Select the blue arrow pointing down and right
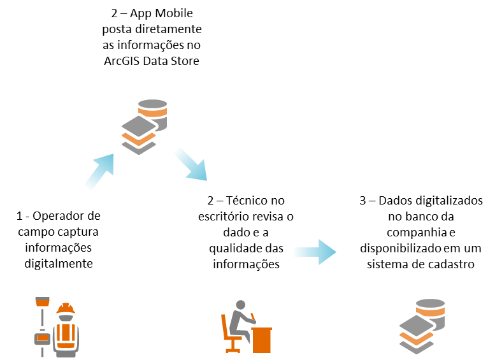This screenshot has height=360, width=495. click(190, 164)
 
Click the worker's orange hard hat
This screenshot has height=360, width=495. click(66, 309)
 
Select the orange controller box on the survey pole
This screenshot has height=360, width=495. click(42, 338)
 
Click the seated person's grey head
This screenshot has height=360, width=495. click(240, 305)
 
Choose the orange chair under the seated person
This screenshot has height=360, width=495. click(227, 335)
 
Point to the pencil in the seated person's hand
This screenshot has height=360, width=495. click(252, 316)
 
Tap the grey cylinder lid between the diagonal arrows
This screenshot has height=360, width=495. click(153, 103)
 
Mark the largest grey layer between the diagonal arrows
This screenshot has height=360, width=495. click(139, 126)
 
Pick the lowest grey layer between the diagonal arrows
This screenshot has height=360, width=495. click(139, 149)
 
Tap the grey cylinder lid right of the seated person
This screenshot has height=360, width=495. click(431, 303)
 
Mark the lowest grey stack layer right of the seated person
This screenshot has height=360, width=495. click(417, 349)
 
